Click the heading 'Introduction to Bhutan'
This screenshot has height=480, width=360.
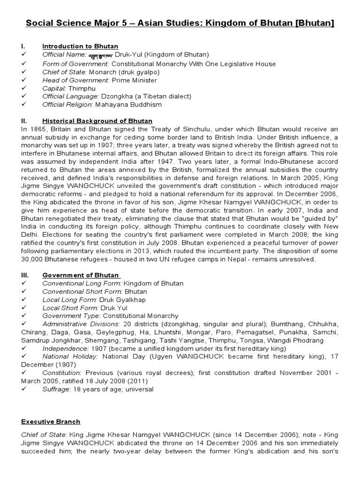[x=80, y=46]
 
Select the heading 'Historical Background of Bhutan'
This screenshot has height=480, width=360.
[x=97, y=121]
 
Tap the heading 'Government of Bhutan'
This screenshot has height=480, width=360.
[x=81, y=275]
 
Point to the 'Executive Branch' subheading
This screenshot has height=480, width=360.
[x=51, y=422]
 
